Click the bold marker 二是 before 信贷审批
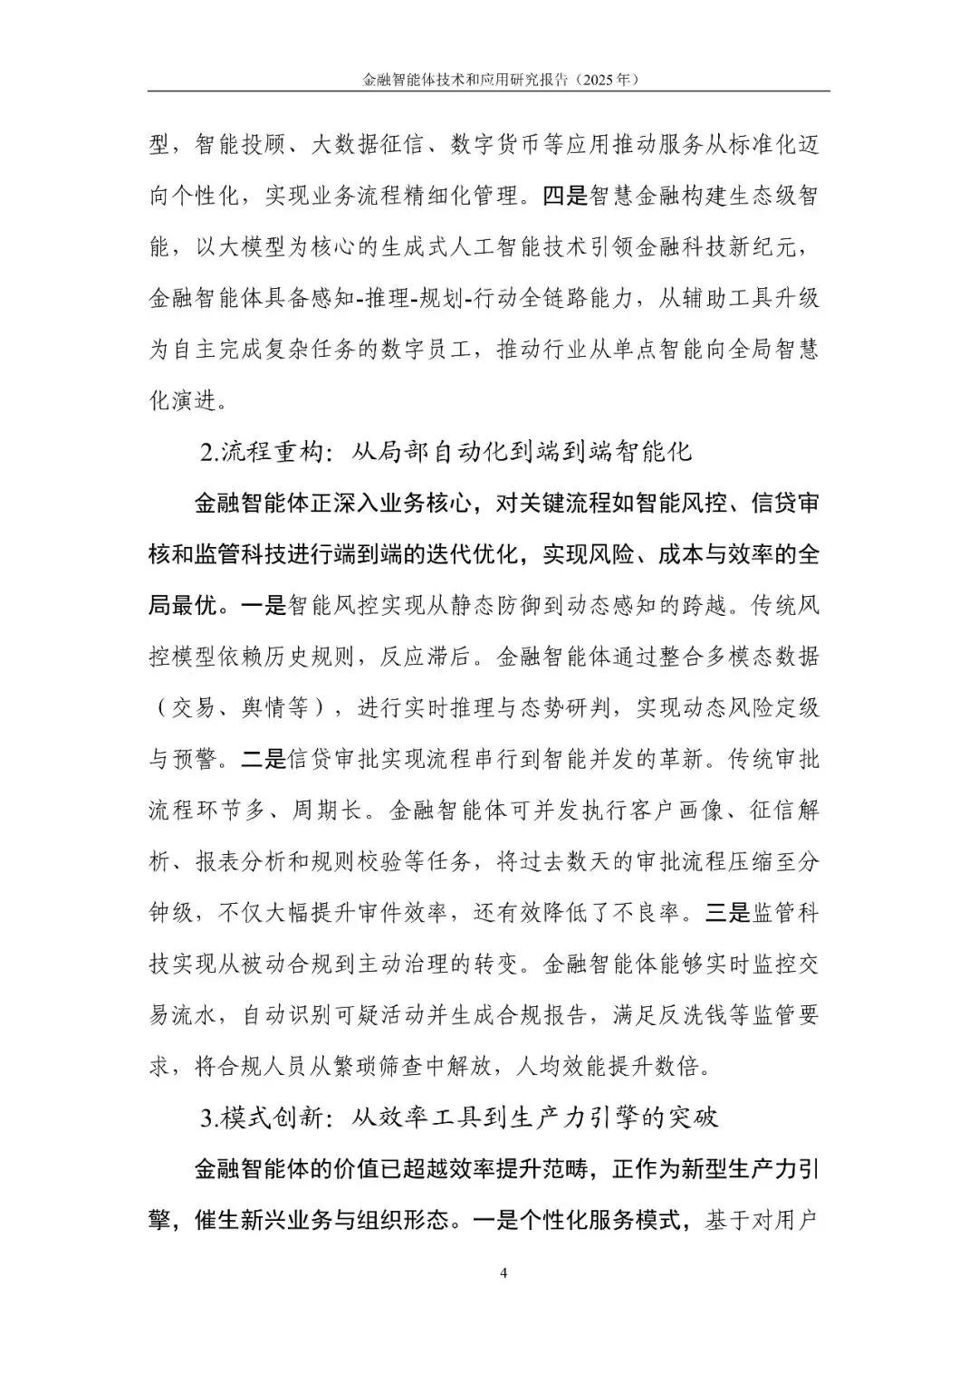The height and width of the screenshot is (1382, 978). pyautogui.click(x=263, y=759)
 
